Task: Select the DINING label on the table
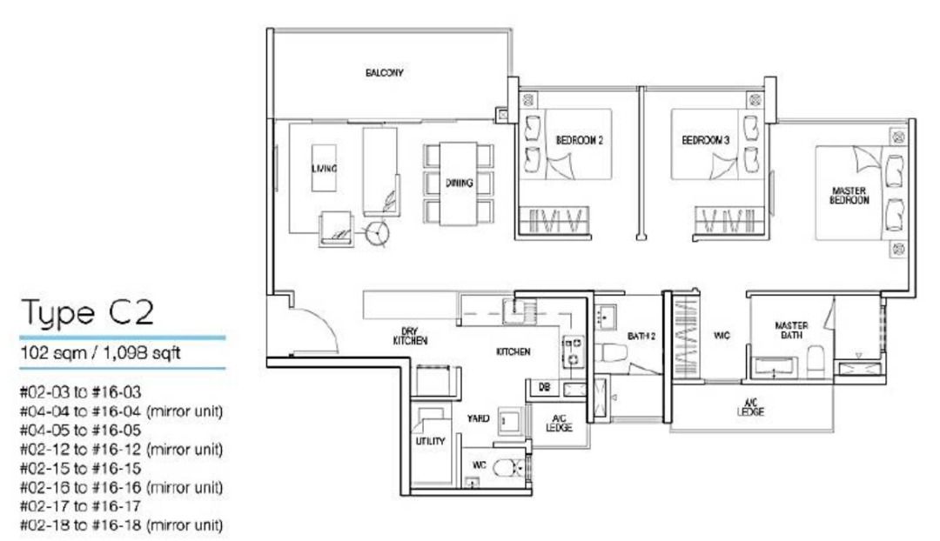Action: (459, 183)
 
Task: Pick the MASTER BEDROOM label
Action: (849, 195)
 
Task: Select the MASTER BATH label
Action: (791, 331)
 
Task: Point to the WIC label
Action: (721, 335)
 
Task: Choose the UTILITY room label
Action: (430, 441)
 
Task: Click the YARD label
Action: (478, 418)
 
